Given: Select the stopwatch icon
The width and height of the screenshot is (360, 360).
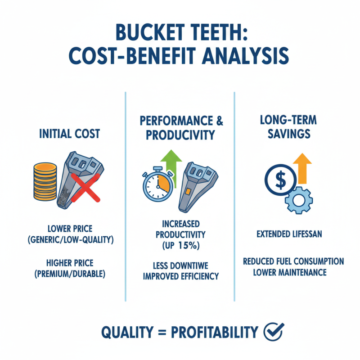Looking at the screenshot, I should tap(157, 185).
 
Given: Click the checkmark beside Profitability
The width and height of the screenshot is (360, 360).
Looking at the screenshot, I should tap(273, 332).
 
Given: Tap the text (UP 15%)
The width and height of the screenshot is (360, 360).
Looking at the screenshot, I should tap(180, 246).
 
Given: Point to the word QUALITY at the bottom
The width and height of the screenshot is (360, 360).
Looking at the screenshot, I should tap(128, 332).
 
